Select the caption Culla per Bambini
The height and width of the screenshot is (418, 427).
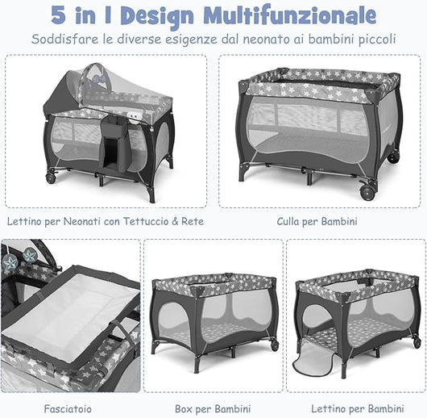point(317,220)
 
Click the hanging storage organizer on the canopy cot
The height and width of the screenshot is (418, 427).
point(113,141)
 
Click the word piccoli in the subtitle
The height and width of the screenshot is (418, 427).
point(375,39)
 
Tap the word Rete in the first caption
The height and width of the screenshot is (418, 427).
point(193,220)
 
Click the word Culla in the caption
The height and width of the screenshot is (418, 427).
point(290,220)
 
